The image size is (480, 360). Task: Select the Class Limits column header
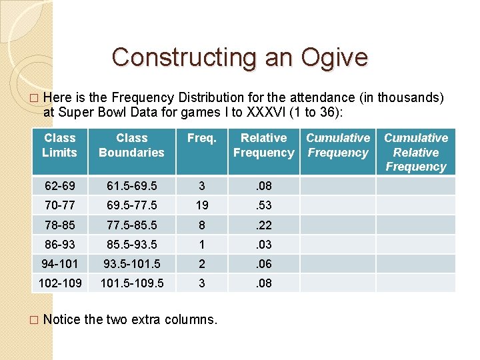pyautogui.click(x=60, y=145)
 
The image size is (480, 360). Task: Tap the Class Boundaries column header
pyautogui.click(x=131, y=145)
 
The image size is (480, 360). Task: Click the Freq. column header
pyautogui.click(x=201, y=138)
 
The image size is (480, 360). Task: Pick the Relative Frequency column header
pyautogui.click(x=263, y=145)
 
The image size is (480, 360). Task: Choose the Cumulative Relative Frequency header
pyautogui.click(x=416, y=152)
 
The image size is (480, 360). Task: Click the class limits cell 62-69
pyautogui.click(x=60, y=185)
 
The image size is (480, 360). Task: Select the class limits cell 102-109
pyautogui.click(x=60, y=283)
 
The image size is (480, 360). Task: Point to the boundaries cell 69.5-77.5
pyautogui.click(x=131, y=205)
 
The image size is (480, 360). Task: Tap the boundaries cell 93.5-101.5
pyautogui.click(x=131, y=263)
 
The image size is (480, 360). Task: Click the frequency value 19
pyautogui.click(x=201, y=205)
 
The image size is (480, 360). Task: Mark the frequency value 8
pyautogui.click(x=201, y=225)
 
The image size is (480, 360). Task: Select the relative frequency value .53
pyautogui.click(x=264, y=205)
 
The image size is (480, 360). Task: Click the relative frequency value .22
pyautogui.click(x=264, y=225)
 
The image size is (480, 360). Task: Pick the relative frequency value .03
pyautogui.click(x=264, y=244)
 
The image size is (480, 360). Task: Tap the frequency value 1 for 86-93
pyautogui.click(x=201, y=244)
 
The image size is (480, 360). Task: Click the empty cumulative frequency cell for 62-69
pyautogui.click(x=338, y=185)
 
